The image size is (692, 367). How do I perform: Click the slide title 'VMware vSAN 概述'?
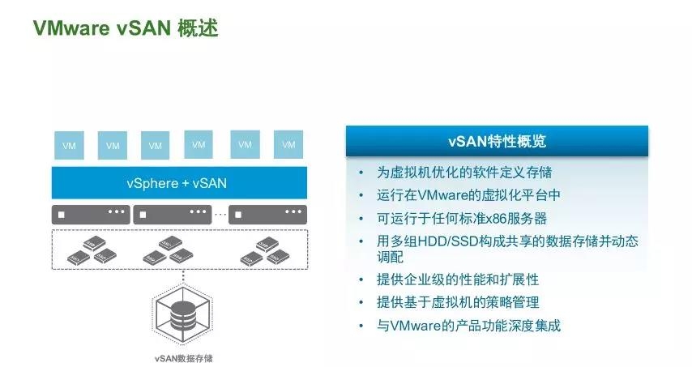(x=125, y=29)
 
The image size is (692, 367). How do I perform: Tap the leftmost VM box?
(x=68, y=146)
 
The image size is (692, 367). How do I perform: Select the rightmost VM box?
(x=288, y=145)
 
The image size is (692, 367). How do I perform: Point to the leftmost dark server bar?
(x=90, y=215)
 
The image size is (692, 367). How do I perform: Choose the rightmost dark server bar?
(x=267, y=215)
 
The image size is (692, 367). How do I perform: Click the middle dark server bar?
(x=173, y=215)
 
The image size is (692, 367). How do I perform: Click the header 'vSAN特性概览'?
(x=497, y=141)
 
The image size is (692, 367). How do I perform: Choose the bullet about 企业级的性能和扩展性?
(x=457, y=280)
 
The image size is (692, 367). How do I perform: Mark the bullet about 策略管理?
(x=457, y=302)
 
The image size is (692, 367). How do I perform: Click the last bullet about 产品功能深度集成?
(x=468, y=326)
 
